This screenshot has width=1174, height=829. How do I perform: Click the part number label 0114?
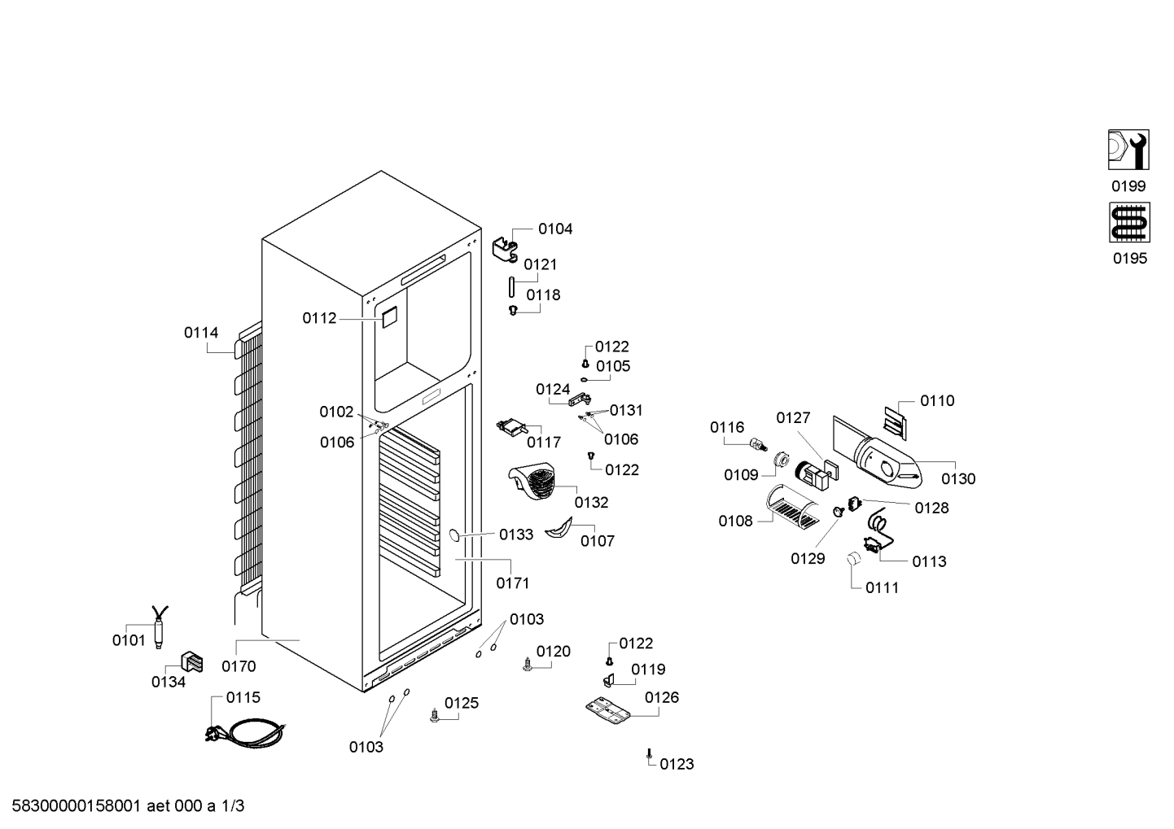click(x=201, y=333)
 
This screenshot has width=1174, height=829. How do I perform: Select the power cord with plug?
click(x=246, y=731)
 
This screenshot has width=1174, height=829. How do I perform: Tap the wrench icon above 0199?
click(x=1128, y=150)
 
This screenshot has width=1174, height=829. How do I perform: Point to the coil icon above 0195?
click(x=1129, y=222)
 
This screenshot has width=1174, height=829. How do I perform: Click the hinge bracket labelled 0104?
click(x=506, y=251)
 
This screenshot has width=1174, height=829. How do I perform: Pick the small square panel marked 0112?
click(x=389, y=317)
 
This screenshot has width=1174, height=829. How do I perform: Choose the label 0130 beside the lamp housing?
click(x=958, y=478)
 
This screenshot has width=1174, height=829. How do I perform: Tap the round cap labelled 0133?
click(x=454, y=535)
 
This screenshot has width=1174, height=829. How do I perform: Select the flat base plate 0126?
click(x=608, y=710)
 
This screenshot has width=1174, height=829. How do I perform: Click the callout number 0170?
click(x=239, y=666)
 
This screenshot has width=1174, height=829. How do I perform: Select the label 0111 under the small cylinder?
click(x=882, y=587)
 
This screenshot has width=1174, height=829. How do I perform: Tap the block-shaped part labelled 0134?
click(x=192, y=662)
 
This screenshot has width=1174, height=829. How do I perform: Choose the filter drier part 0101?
click(x=160, y=627)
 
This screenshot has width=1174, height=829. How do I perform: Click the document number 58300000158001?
click(x=76, y=805)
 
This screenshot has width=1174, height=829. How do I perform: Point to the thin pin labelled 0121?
click(x=511, y=287)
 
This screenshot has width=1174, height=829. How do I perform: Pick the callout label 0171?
click(x=513, y=582)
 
